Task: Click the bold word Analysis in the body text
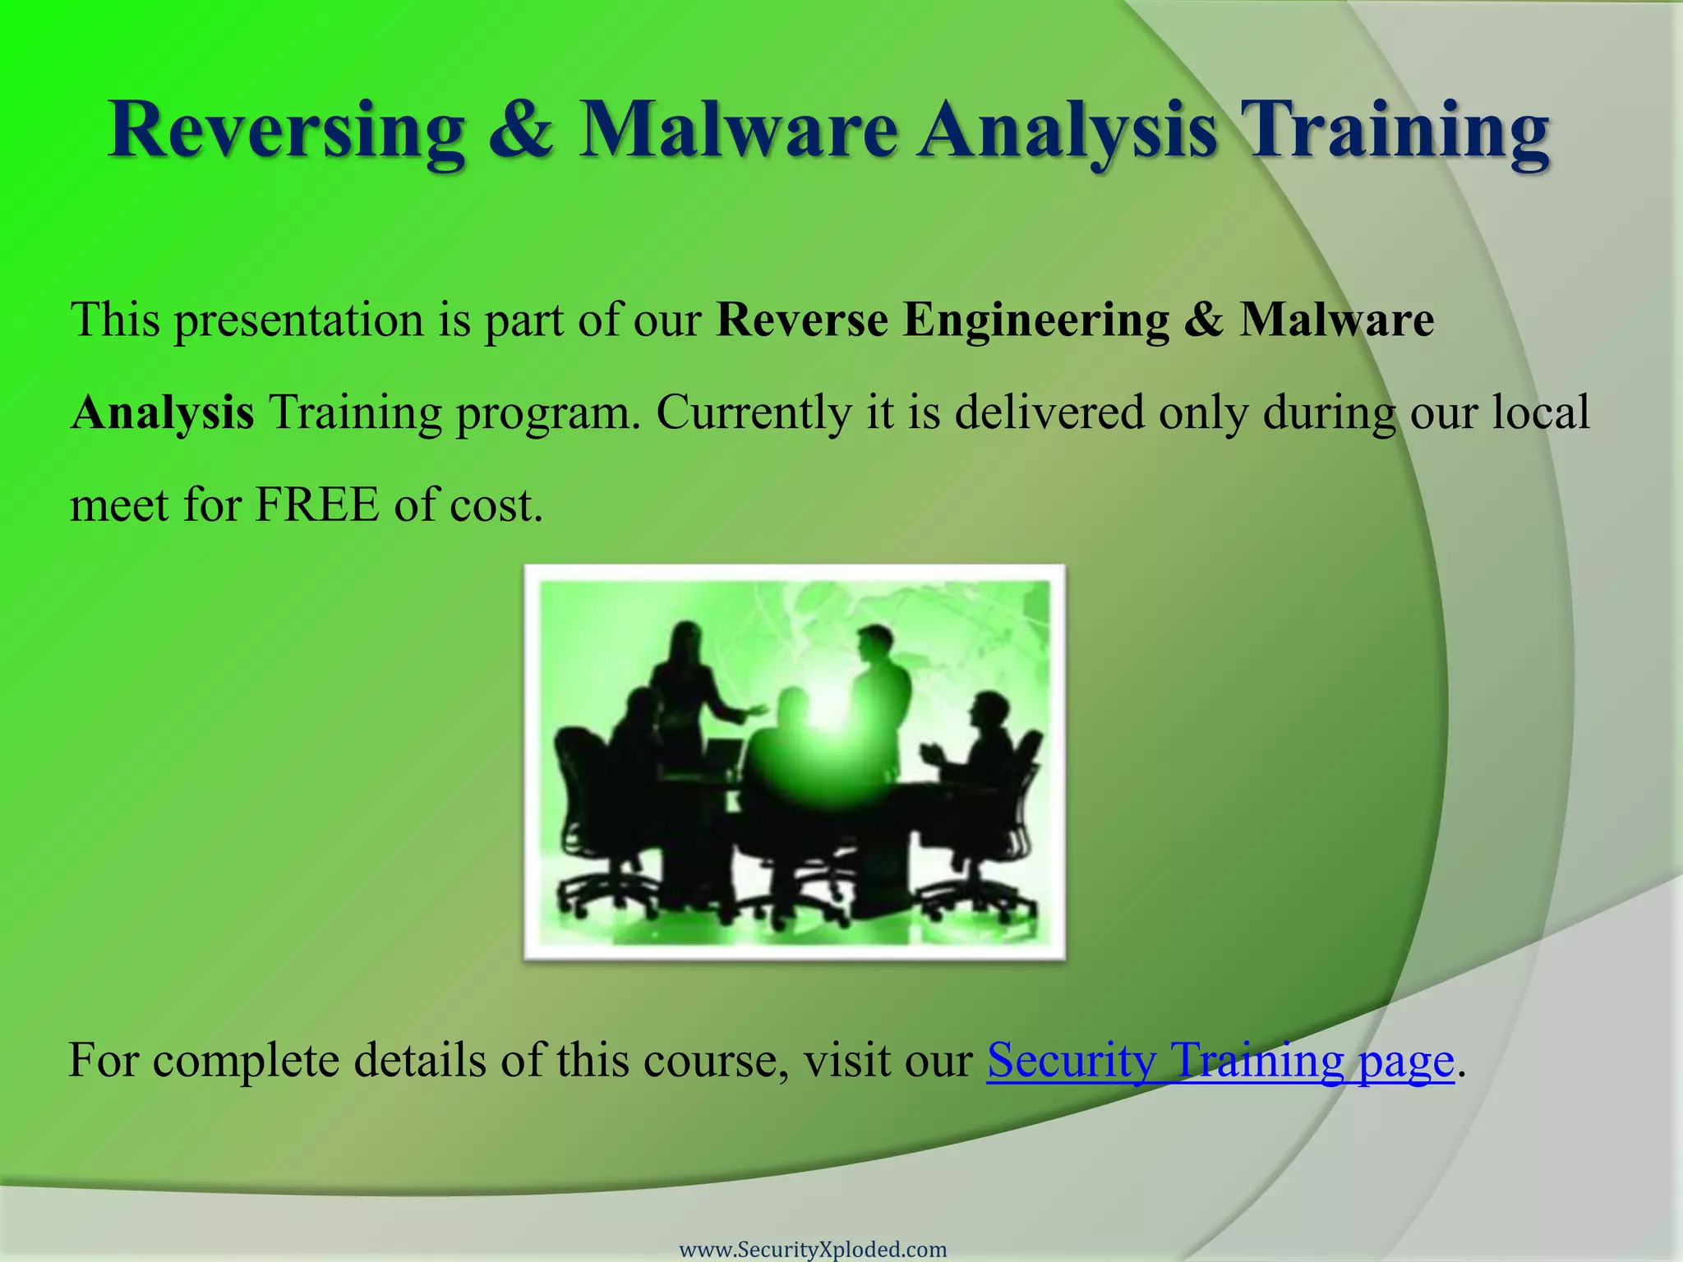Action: click(x=162, y=412)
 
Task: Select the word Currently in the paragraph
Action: click(x=753, y=412)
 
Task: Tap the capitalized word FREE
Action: click(x=317, y=504)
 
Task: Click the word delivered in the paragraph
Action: click(x=1049, y=412)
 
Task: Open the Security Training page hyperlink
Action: click(x=1220, y=1061)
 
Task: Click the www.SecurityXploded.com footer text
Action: click(x=813, y=1250)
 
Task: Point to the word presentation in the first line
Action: click(x=297, y=320)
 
